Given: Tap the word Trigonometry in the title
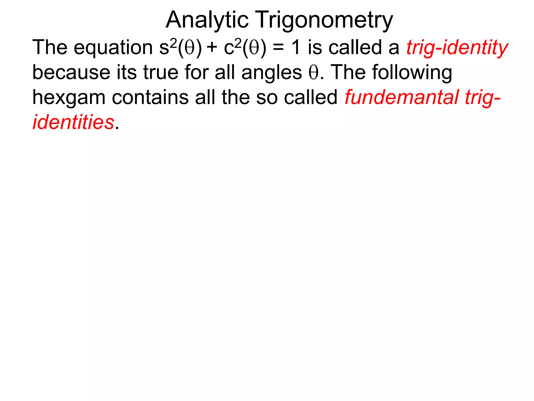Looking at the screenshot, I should (x=324, y=20).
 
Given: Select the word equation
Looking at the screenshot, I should (x=113, y=48).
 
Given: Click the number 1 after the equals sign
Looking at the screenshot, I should (x=296, y=48).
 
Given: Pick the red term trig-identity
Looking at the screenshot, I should (x=457, y=48).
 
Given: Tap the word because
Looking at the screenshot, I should (x=71, y=73).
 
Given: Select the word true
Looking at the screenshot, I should (x=161, y=73).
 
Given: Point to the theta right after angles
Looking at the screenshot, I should (x=313, y=73).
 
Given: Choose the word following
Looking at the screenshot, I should (x=412, y=73).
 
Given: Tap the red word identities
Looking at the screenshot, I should (x=73, y=122).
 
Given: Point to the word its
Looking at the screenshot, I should (x=126, y=73).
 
